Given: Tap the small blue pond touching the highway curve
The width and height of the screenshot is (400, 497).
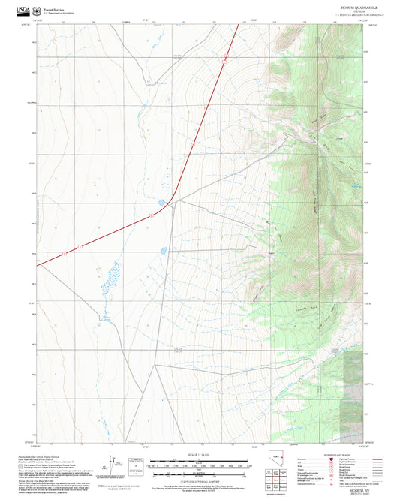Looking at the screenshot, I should pyautogui.click(x=161, y=202).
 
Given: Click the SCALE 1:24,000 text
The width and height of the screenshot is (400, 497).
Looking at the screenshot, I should pyautogui.click(x=200, y=455).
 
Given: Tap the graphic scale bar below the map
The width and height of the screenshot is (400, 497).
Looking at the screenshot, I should pyautogui.click(x=200, y=465).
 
